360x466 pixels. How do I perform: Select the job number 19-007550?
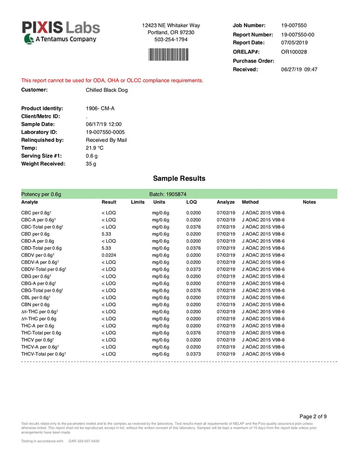pos(294,26)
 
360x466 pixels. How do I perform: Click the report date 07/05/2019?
pos(295,42)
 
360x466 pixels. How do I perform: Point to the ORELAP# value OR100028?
pos(294,52)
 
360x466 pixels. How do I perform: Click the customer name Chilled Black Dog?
pos(107,90)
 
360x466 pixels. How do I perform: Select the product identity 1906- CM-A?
pos(100,109)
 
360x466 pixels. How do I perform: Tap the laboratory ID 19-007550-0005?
pos(105,132)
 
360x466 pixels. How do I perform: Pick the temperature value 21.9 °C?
pos(95,148)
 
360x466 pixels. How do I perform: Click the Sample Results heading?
pos(179,178)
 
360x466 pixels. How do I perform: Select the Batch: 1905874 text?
pos(168,194)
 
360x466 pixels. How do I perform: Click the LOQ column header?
pos(191,202)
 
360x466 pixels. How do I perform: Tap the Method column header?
pos(250,202)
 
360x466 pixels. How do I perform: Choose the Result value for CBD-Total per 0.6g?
pos(106,248)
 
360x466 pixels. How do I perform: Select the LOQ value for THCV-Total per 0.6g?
pos(194,354)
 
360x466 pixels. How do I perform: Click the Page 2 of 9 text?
pos(313,417)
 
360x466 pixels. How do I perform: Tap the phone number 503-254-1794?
pos(171,40)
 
